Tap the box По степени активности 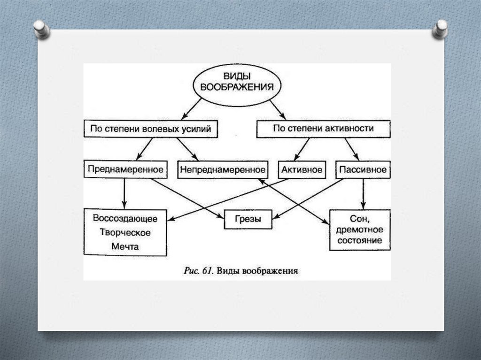323,129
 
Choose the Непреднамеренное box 222,169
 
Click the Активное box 302,169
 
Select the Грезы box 248,219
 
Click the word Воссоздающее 125,219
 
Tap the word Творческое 125,232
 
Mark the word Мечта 125,246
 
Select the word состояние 360,241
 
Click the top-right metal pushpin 440,29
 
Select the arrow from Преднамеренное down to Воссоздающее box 124,193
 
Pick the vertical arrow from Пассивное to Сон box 362,193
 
